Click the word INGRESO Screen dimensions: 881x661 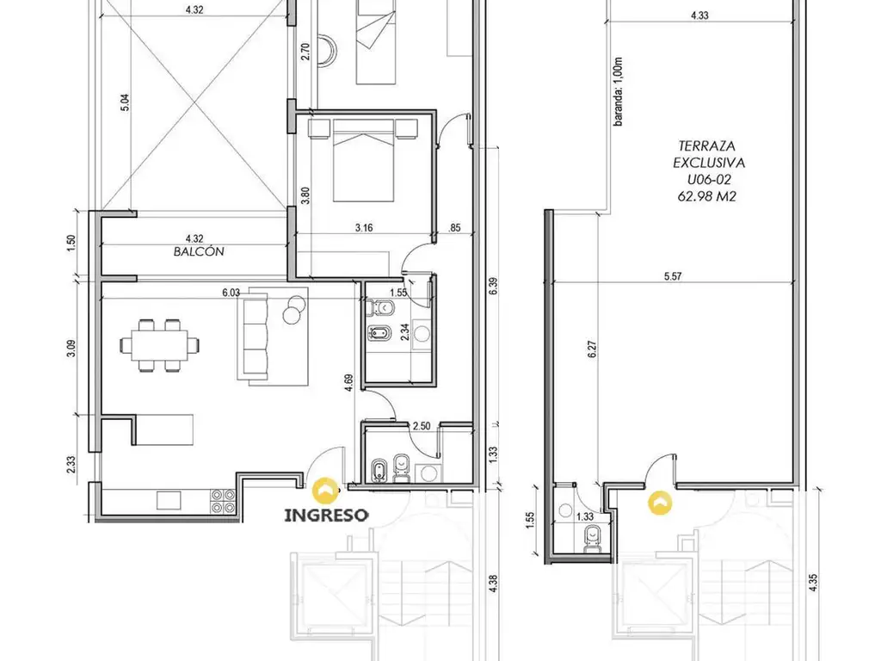point(326,515)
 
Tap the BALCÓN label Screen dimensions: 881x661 point(199,251)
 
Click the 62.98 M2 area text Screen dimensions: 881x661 point(707,196)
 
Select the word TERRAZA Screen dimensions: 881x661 point(707,146)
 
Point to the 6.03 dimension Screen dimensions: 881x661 point(231,293)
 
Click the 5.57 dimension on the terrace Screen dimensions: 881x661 point(673,276)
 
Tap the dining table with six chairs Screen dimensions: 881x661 point(160,345)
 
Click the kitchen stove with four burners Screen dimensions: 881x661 point(223,501)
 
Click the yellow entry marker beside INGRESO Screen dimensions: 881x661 point(324,490)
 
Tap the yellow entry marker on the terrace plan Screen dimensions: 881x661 point(660,503)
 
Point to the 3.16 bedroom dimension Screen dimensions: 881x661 point(364,227)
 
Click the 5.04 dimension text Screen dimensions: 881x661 point(125,102)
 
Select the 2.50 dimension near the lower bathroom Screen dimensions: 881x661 point(422,426)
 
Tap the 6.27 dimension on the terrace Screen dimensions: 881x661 point(592,349)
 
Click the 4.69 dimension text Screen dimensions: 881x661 point(348,383)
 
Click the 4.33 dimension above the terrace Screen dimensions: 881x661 point(699,15)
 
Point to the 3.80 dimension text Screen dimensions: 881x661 point(305,195)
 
